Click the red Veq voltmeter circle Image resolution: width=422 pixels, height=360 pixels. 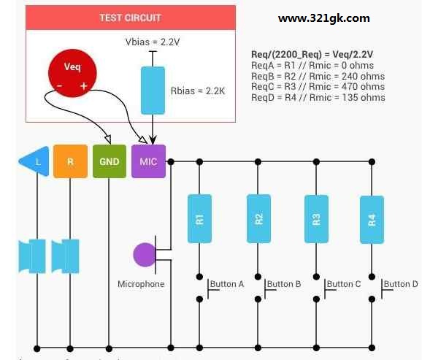(x=72, y=73)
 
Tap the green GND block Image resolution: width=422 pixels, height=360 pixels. (x=110, y=161)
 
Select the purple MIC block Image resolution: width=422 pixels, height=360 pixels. (x=148, y=161)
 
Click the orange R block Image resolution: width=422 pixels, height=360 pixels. (x=70, y=161)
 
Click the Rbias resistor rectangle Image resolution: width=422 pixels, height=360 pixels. (x=153, y=91)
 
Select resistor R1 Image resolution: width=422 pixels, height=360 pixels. (x=199, y=218)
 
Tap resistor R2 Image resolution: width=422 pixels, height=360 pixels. (x=258, y=218)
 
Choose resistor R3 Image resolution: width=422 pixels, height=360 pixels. (x=316, y=219)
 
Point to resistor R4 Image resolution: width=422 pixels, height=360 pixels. (x=372, y=220)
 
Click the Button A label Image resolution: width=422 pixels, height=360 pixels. (x=227, y=284)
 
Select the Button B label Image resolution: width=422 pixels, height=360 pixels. (x=284, y=284)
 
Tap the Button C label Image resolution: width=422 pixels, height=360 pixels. (x=344, y=284)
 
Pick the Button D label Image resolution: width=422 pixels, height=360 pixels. (x=401, y=284)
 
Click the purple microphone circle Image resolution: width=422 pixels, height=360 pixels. (x=145, y=255)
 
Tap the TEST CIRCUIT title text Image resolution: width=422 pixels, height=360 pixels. (x=130, y=18)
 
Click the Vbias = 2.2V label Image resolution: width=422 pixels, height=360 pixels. (x=153, y=42)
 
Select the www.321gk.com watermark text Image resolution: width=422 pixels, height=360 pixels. (x=323, y=18)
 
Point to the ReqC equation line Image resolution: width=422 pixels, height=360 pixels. (x=318, y=87)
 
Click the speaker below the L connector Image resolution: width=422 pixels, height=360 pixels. (x=32, y=256)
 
